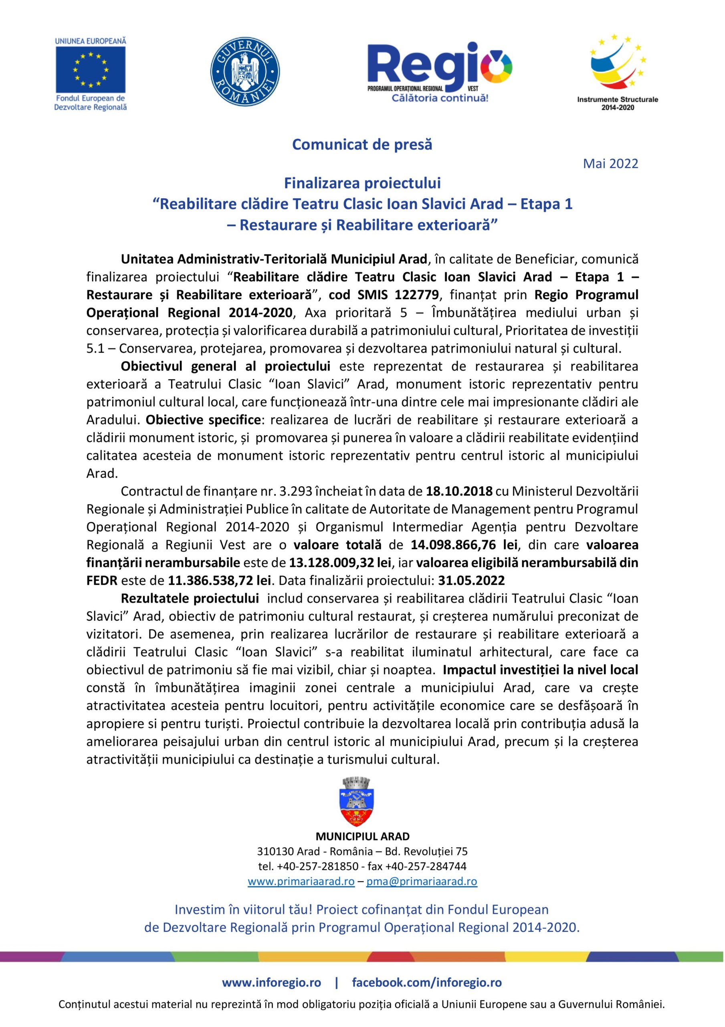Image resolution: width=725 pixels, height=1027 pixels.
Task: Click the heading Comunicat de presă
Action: (x=362, y=145)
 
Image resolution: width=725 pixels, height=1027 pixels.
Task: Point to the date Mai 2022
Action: (x=610, y=164)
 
